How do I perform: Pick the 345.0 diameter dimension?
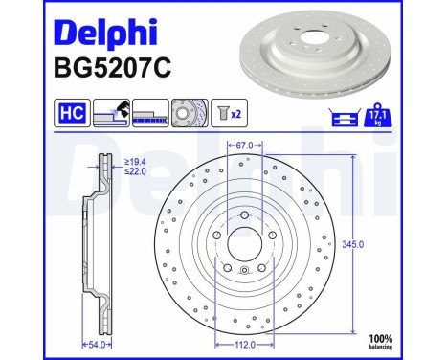354,244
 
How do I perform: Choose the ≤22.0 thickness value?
134,174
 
